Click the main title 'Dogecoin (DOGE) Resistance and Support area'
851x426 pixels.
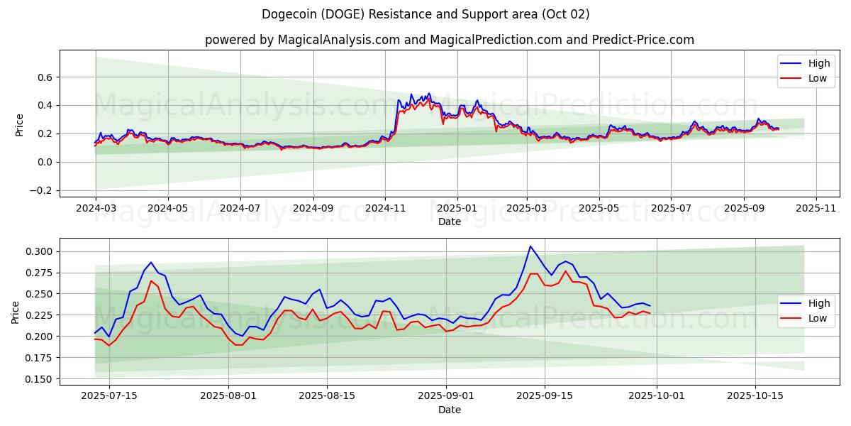click(x=425, y=14)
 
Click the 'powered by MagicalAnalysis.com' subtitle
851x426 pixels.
click(x=449, y=40)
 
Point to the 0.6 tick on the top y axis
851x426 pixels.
click(x=45, y=77)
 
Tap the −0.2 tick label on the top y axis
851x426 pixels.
click(x=40, y=191)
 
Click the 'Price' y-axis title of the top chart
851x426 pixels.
click(x=19, y=124)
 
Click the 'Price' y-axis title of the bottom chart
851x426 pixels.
click(x=16, y=312)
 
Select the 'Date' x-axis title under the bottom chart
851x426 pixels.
click(x=449, y=410)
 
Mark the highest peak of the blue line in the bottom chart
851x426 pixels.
click(x=530, y=246)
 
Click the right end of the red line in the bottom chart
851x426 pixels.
click(x=650, y=313)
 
